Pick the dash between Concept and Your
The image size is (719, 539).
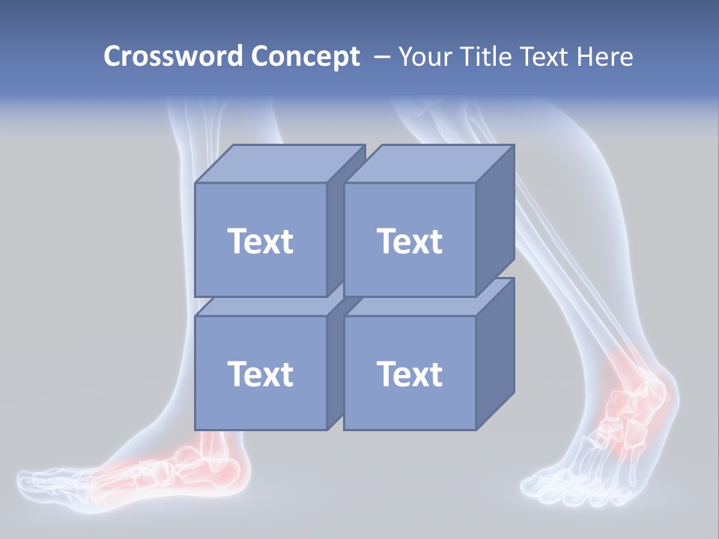pos(381,57)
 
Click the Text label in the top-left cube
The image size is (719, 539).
pos(260,241)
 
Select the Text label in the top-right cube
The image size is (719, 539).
pos(409,241)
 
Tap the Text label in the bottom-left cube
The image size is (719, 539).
pos(260,374)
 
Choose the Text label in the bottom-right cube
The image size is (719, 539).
pos(409,374)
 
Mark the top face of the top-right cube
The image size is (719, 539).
pos(428,164)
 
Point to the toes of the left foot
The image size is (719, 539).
pos(45,479)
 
